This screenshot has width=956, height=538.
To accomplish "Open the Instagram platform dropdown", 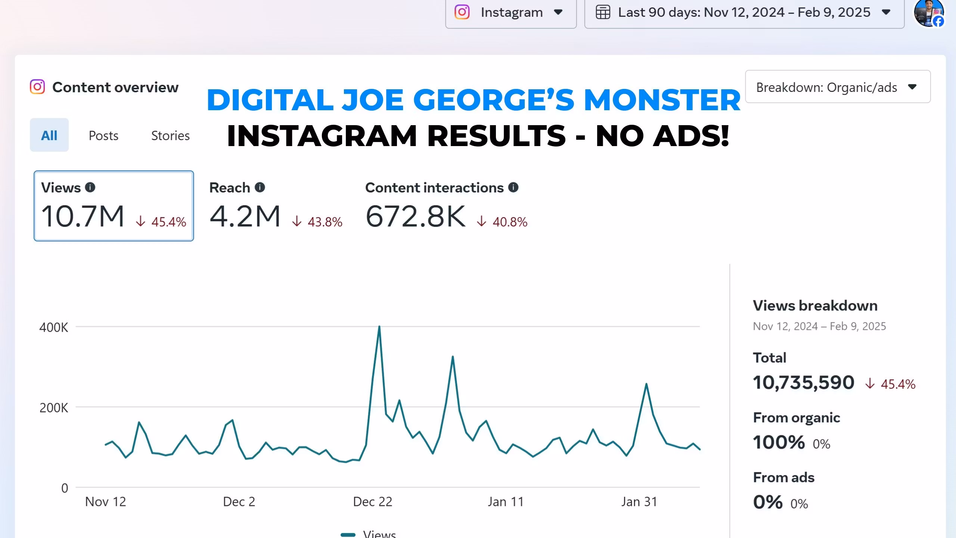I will pyautogui.click(x=510, y=13).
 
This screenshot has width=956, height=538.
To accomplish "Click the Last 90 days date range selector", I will pyautogui.click(x=744, y=13).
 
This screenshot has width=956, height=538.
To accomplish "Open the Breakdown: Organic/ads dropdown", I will pyautogui.click(x=838, y=87).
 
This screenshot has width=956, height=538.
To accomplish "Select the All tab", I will pyautogui.click(x=49, y=135).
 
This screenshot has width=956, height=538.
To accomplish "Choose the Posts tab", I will pyautogui.click(x=103, y=135).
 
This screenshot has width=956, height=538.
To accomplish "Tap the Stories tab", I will pyautogui.click(x=170, y=135).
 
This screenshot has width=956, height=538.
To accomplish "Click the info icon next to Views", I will pyautogui.click(x=90, y=187).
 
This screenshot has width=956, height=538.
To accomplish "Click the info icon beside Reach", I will pyautogui.click(x=260, y=187).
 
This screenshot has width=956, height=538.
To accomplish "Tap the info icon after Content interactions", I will pyautogui.click(x=513, y=187).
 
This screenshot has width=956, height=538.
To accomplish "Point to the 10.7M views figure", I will pyautogui.click(x=83, y=216).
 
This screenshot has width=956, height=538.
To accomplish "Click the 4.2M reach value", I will pyautogui.click(x=245, y=216).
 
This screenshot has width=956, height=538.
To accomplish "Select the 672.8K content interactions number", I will pyautogui.click(x=416, y=216).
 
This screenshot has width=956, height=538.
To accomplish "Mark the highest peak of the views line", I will pyautogui.click(x=379, y=327).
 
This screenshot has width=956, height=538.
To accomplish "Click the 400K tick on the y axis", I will pyautogui.click(x=54, y=328).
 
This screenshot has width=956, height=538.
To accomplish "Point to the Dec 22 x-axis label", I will pyautogui.click(x=373, y=502).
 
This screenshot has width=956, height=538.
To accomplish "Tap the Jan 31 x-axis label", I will pyautogui.click(x=639, y=502).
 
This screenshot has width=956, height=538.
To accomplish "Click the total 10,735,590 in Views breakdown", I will pyautogui.click(x=804, y=383).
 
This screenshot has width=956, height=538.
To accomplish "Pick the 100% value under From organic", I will pyautogui.click(x=779, y=442).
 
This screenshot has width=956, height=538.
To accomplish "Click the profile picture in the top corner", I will pyautogui.click(x=928, y=13).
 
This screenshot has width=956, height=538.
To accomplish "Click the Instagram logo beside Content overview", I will pyautogui.click(x=37, y=87).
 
